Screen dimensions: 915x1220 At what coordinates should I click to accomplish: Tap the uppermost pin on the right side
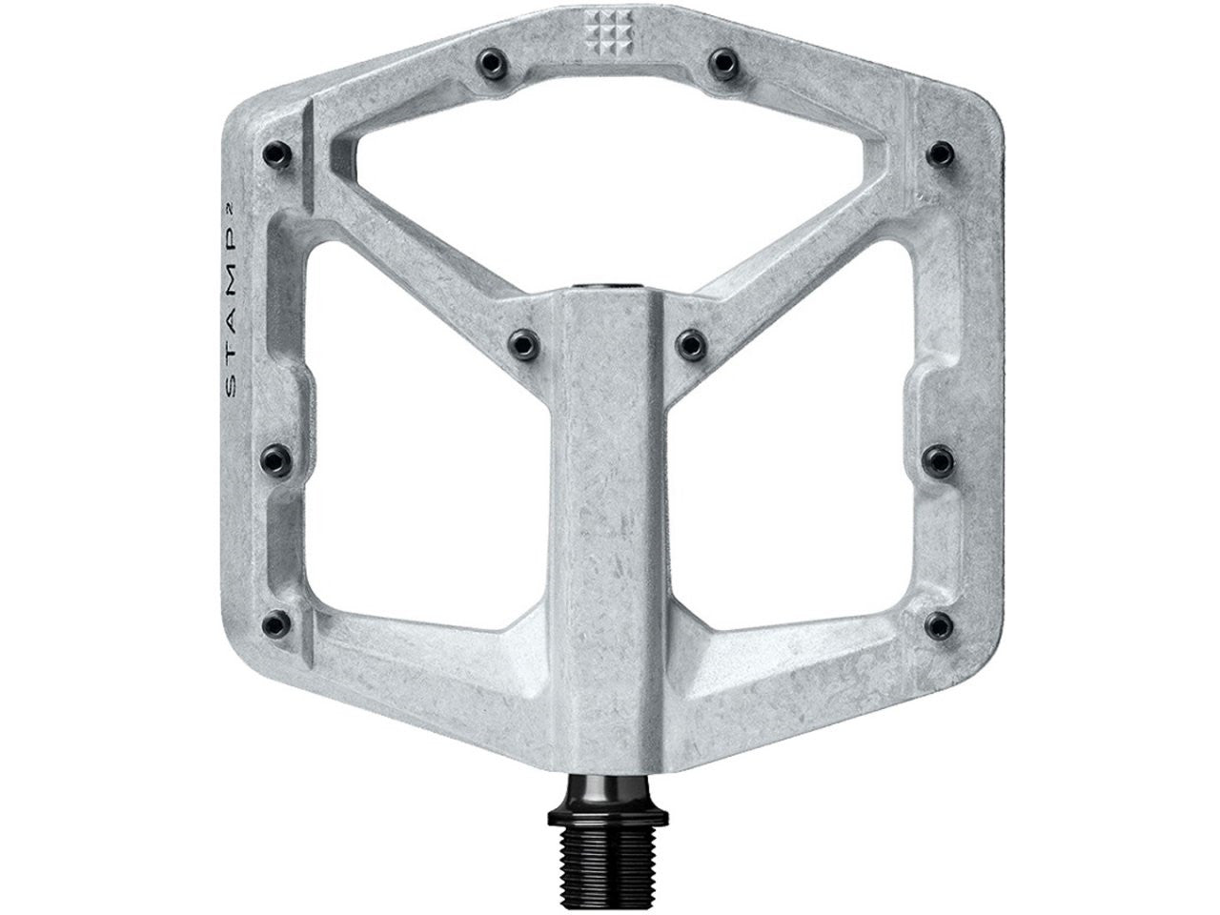pyautogui.click(x=940, y=152)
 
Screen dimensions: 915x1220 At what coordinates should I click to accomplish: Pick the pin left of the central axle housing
pyautogui.click(x=522, y=338)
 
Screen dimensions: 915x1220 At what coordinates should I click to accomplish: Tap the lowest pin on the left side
pyautogui.click(x=276, y=621)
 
